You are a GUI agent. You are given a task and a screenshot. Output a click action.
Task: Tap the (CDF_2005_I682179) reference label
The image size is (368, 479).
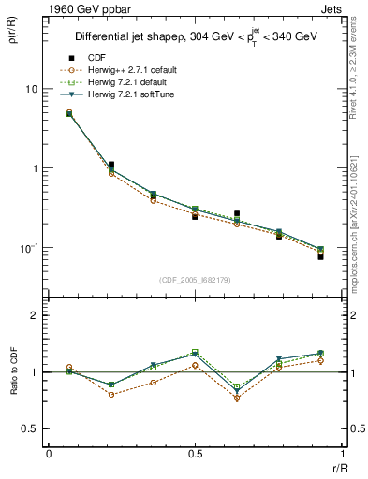pyautogui.click(x=195, y=280)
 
